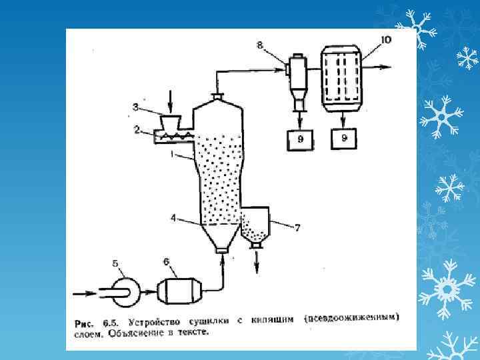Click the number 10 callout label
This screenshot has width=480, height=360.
[x=387, y=41]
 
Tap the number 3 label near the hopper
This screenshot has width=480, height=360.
[x=136, y=106]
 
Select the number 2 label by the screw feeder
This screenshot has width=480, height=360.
[x=137, y=130]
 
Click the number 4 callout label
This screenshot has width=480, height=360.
[x=174, y=218]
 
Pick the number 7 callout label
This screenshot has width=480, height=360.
[x=298, y=227]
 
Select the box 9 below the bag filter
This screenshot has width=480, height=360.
[x=344, y=139]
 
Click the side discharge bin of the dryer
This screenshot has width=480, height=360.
[x=254, y=225]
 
